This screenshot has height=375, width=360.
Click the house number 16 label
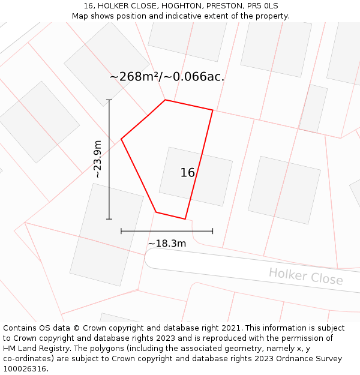pyautogui.click(x=187, y=173)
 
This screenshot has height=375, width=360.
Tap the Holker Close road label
pyautogui.click(x=305, y=277)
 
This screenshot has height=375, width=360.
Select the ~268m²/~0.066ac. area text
pyautogui.click(x=167, y=77)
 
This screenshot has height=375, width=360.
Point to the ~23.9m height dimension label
pyautogui.click(x=97, y=159)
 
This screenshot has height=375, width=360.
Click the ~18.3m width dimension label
pyautogui.click(x=167, y=243)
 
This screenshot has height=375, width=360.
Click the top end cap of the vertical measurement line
pyautogui.click(x=109, y=100)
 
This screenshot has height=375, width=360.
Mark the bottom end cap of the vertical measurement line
pyautogui.click(x=109, y=219)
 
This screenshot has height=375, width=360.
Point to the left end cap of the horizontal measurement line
pyautogui.click(x=121, y=230)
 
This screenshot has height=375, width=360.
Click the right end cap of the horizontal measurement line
pyautogui.click(x=212, y=230)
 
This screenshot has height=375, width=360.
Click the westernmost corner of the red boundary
pyautogui.click(x=122, y=139)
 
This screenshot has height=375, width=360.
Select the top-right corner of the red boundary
pyautogui.click(x=212, y=110)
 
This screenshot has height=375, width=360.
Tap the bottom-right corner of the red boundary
pyautogui.click(x=185, y=219)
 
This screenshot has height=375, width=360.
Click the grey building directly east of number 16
pyautogui.click(x=284, y=190)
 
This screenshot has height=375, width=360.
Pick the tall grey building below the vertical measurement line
pyautogui.click(x=106, y=235)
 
